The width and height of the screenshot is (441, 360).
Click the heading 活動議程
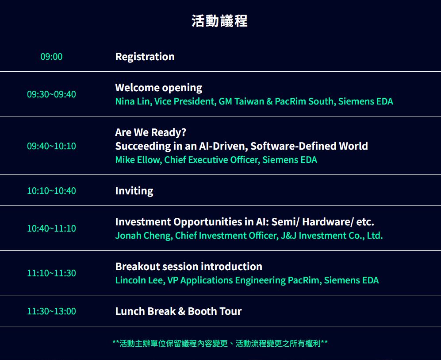(x=219, y=21)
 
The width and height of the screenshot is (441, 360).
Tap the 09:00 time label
(x=51, y=57)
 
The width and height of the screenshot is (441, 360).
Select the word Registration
(x=145, y=57)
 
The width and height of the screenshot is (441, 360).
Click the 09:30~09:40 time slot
(x=51, y=94)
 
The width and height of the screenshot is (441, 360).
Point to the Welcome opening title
(x=159, y=88)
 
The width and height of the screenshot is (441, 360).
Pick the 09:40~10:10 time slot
(x=51, y=146)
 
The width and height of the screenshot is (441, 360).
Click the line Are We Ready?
(x=151, y=132)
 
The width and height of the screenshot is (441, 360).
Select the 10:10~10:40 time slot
(x=51, y=190)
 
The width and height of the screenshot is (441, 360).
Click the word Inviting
(x=134, y=191)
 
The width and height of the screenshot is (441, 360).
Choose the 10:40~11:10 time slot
(x=51, y=228)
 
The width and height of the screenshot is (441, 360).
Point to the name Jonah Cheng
(x=143, y=236)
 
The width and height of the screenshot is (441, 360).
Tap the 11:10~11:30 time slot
(x=51, y=273)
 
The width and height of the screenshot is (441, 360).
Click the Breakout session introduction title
(x=189, y=267)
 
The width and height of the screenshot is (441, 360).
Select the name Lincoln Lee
(x=139, y=280)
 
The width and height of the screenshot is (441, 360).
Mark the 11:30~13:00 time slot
(x=51, y=311)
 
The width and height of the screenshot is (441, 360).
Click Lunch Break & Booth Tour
(x=178, y=311)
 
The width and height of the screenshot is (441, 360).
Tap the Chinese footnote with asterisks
(x=220, y=343)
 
